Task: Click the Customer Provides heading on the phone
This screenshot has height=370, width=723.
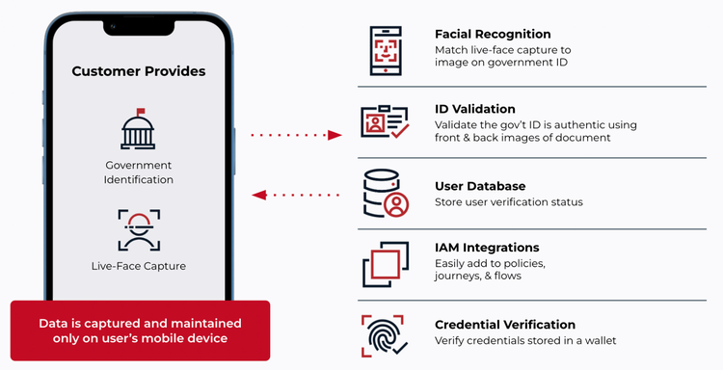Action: click(x=139, y=71)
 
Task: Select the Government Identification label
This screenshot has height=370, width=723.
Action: click(x=139, y=172)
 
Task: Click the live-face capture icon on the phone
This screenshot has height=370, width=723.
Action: click(x=139, y=229)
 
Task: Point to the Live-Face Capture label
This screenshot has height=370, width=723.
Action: click(x=139, y=266)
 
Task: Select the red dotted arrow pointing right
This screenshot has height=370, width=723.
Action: click(x=297, y=135)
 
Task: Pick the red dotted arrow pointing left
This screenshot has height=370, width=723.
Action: click(x=297, y=196)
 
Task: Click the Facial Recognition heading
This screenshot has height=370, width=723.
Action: click(x=492, y=35)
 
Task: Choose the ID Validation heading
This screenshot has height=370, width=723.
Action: click(x=475, y=109)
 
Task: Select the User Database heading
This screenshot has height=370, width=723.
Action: click(x=480, y=185)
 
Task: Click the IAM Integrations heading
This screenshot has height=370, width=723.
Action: click(x=487, y=248)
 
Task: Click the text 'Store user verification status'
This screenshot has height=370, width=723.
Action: click(x=509, y=202)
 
